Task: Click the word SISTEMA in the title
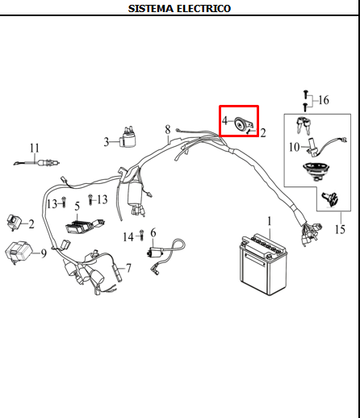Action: tap(151, 9)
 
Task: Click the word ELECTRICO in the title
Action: tap(203, 9)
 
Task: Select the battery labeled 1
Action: tap(263, 265)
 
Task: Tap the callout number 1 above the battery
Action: tap(270, 221)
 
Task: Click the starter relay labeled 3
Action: tap(128, 137)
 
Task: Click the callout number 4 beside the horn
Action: tap(224, 121)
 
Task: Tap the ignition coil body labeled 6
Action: tap(155, 253)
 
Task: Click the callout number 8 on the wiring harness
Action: tap(168, 130)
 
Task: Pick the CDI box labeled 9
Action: tap(19, 252)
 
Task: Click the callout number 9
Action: tap(44, 253)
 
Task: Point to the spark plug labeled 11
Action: tap(37, 163)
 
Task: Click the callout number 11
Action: tap(34, 148)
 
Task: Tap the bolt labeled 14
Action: tap(142, 235)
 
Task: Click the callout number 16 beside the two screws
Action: tap(324, 100)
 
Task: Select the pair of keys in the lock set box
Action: tap(304, 125)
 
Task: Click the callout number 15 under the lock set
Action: tap(340, 229)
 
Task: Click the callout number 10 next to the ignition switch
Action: tap(295, 147)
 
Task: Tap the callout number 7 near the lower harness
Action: tap(128, 268)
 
